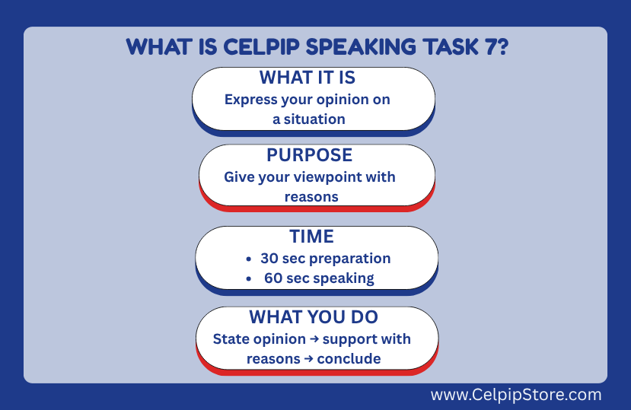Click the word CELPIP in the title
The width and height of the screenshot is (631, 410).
pos(261,47)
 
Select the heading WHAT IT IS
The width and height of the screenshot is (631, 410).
pos(308,78)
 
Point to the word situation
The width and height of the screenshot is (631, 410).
pos(314,119)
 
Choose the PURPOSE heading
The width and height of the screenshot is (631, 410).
pos(310,155)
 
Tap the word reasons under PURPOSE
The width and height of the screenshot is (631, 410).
pos(311,197)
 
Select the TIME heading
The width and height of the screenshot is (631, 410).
pos(312,236)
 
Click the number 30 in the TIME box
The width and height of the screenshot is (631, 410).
pos(269,259)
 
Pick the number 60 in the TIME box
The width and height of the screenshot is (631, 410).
pos(273,278)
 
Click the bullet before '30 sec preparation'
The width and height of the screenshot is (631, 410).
pos(249,259)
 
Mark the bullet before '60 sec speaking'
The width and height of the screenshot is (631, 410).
pos(249,278)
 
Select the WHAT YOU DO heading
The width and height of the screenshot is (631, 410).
pos(314,317)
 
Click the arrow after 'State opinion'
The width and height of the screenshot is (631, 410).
pos(314,339)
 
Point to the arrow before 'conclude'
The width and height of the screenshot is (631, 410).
pos(309,358)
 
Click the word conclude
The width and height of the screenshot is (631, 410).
pos(349,358)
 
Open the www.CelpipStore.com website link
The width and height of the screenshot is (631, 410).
pos(516,395)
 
